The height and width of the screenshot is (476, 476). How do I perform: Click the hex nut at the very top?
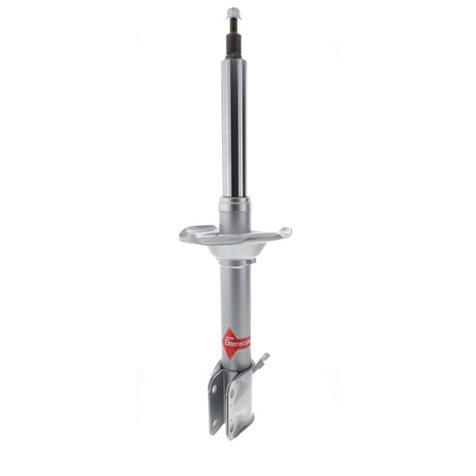233,13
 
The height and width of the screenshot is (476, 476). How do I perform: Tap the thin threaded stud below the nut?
233,26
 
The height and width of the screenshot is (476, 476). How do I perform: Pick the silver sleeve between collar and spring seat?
234,219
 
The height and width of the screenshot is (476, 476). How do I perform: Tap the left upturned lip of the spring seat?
185,234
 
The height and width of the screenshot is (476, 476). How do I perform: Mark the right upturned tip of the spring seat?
285,233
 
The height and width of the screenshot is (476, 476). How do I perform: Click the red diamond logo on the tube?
235,340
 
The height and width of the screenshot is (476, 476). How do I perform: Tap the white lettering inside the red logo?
237,340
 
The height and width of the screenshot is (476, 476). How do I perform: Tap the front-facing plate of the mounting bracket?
241,406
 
